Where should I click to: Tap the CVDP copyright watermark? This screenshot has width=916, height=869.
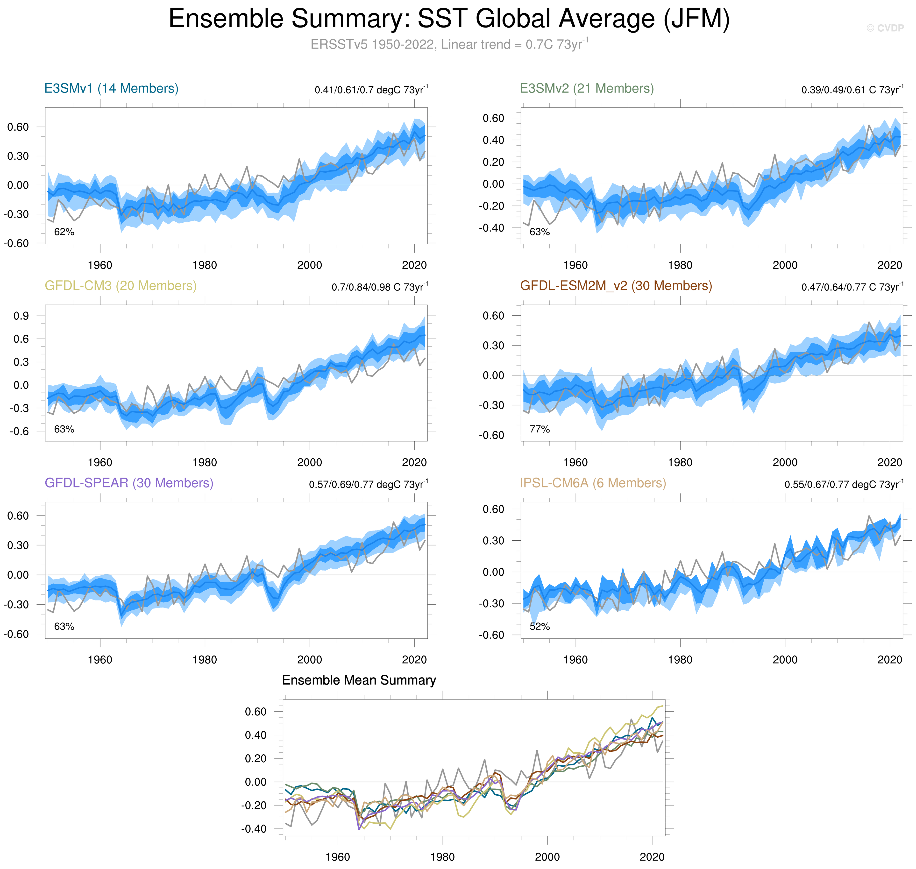coord(885,28)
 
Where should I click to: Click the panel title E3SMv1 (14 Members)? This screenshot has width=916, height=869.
coord(111,88)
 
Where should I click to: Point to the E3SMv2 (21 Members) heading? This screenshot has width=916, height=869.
coord(587,88)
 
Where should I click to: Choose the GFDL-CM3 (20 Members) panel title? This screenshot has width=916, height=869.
coord(121,286)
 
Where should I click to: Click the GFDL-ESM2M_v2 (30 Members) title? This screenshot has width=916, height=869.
coord(616,286)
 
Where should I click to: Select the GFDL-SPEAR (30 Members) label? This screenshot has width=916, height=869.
coord(129,483)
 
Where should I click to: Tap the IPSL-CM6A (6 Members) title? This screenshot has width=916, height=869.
coord(593,483)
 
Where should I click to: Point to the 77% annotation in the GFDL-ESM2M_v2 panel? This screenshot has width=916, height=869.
coord(539,429)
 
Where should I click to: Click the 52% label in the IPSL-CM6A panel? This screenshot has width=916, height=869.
coord(539,627)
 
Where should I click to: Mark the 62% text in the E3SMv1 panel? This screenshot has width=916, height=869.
coord(64,232)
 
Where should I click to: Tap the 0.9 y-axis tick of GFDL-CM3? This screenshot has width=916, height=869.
coord(21,316)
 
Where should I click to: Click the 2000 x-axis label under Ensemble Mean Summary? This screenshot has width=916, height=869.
coord(547,857)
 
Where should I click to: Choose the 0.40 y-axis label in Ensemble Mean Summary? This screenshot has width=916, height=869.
coord(255,735)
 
